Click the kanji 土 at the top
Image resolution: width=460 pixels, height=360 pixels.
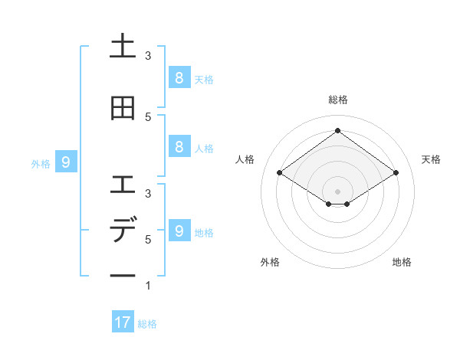coord(123,47)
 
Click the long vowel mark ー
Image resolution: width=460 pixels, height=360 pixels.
coord(123,275)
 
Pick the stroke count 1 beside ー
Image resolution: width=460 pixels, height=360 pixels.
coord(148,286)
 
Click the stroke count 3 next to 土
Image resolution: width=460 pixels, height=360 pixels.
coord(148,56)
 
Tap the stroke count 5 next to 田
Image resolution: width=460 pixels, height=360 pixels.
coord(148,116)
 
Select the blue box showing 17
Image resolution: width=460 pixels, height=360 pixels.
coord(123,322)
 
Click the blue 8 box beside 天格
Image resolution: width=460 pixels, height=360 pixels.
coord(179,77)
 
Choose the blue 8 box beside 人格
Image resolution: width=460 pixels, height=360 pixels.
coord(179,146)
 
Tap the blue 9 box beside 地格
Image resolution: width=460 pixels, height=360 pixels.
coord(179,231)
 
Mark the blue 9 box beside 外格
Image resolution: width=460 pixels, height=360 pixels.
coord(66,162)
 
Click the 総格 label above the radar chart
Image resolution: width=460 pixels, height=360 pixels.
coord(338,100)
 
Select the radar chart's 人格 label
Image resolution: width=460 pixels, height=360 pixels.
coord(245,159)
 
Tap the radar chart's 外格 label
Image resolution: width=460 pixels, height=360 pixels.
coord(270,262)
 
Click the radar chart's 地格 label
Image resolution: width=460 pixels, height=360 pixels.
coord(402,262)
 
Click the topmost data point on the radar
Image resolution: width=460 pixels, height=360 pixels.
coord(337,130)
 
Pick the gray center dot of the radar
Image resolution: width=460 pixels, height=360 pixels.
coord(337,191)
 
